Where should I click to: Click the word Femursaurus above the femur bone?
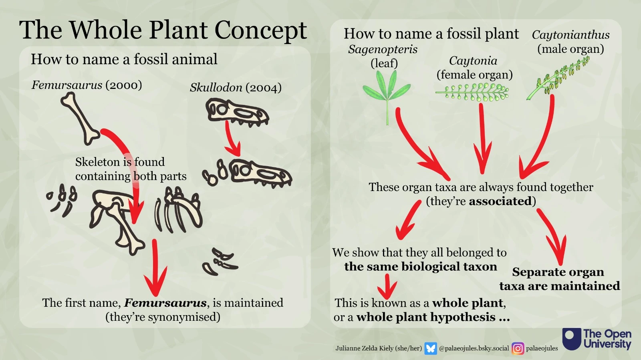(x=67, y=85)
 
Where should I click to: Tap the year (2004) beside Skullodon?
(x=264, y=88)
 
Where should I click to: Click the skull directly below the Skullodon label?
(x=237, y=111)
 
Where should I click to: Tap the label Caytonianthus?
(x=570, y=35)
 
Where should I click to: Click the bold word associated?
(x=500, y=201)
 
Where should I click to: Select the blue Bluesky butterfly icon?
(x=431, y=348)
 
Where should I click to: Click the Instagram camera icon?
(x=518, y=348)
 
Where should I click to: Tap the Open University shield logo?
(x=571, y=339)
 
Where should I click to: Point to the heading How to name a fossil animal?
(x=124, y=59)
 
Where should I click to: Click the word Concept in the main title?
(x=261, y=30)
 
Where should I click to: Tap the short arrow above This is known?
(x=387, y=286)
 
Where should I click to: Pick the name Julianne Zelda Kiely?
(x=365, y=348)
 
